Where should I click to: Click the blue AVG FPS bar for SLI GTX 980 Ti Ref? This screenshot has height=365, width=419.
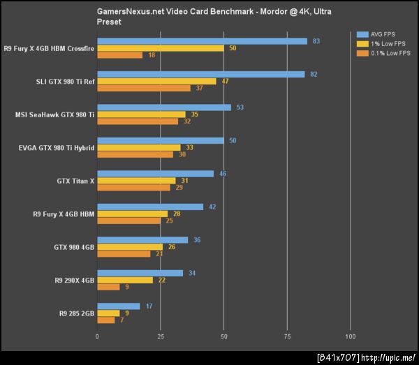(201, 74)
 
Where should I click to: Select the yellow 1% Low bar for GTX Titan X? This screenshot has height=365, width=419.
(136, 181)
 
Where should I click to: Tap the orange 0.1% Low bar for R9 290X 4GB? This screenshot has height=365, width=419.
(108, 287)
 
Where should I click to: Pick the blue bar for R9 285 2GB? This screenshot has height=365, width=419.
(119, 306)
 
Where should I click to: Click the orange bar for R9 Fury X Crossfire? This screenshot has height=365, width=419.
(119, 55)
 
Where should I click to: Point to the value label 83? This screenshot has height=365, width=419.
(316, 41)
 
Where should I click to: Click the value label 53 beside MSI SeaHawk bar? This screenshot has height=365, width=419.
(240, 107)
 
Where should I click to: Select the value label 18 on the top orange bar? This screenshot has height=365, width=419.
(152, 55)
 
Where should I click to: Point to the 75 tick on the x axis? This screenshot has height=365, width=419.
(287, 336)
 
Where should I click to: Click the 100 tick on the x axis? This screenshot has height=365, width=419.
(350, 336)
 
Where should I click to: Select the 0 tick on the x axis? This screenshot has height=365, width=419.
(97, 336)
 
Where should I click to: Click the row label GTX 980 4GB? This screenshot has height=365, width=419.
(73, 247)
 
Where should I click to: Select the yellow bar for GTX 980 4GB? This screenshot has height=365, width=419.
(130, 247)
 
